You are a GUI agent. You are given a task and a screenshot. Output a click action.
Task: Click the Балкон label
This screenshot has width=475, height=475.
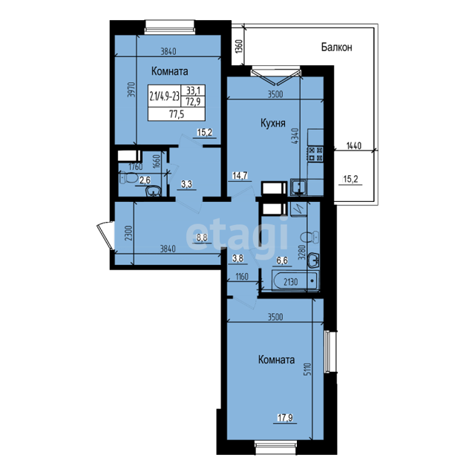336,47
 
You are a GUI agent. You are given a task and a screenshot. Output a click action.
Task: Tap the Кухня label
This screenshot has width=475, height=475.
273,123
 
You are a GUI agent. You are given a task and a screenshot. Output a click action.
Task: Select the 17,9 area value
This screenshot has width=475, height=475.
285,418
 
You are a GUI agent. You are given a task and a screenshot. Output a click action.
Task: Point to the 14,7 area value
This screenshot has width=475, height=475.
240,175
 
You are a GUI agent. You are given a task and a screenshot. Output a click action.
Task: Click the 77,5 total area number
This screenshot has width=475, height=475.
177,114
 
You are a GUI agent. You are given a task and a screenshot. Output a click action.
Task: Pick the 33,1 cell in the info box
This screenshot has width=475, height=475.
193,91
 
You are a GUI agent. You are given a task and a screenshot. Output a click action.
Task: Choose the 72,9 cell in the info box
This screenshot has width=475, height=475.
193,101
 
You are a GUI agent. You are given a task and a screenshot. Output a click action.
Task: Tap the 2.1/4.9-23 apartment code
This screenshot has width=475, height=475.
164,96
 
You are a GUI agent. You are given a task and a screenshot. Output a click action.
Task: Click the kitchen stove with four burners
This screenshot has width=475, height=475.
315,154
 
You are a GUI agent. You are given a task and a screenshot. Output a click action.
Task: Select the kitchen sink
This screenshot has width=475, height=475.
298,187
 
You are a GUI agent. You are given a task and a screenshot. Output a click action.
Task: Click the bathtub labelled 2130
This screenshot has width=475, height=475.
295,281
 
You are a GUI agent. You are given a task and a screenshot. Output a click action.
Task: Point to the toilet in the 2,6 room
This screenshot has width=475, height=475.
128,178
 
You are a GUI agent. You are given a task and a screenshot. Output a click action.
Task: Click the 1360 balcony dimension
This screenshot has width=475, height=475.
239,47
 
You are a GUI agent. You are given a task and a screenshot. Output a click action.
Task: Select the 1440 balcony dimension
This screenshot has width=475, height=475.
354,145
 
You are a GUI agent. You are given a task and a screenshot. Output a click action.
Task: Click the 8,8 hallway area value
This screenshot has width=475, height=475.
202,237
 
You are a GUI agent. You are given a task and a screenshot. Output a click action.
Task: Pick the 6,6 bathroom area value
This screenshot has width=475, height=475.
282,261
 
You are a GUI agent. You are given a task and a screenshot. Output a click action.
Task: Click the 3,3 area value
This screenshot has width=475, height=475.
187,184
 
